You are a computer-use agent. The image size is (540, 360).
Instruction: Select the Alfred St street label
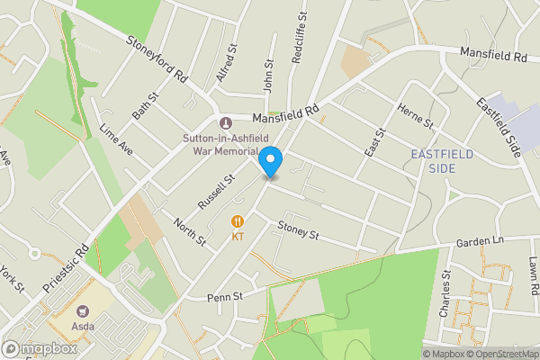[226, 64]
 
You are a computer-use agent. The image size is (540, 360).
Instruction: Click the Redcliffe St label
[300, 39]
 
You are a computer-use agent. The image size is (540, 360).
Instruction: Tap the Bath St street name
[145, 111]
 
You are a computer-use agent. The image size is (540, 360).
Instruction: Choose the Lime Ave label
[117, 139]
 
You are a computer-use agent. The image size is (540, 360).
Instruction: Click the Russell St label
[217, 191]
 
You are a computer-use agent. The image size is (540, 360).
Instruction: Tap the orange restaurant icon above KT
[238, 221]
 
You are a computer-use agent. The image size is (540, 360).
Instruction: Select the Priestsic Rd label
[67, 268]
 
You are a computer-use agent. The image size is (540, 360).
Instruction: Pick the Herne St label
[417, 114]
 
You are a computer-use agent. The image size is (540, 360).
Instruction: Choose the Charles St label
[445, 294]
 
